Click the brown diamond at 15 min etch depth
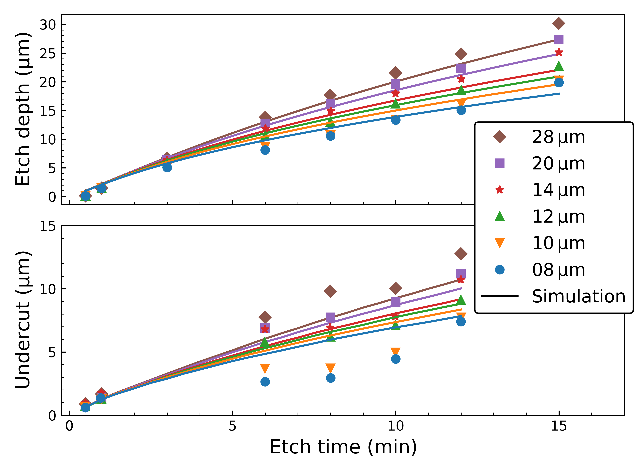coord(558,23)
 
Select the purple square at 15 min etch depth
coord(558,39)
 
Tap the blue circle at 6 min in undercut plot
coord(265,382)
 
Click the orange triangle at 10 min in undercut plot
coord(395,352)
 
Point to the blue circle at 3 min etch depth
coord(167,167)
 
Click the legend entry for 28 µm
coord(558,137)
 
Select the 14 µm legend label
coord(558,190)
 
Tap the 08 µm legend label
coord(558,270)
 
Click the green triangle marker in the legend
coord(500,216)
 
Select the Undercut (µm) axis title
coord(23,320)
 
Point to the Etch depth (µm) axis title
coord(23,109)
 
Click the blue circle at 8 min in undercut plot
coord(330,378)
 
